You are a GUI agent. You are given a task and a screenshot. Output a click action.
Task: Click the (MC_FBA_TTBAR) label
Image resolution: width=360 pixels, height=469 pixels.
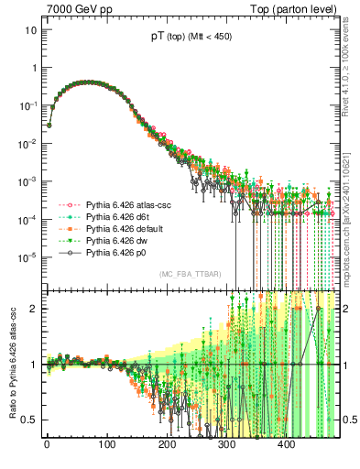click(190, 275)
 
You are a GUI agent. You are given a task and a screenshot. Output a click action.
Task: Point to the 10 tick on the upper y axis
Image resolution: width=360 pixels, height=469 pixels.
click(29, 29)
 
